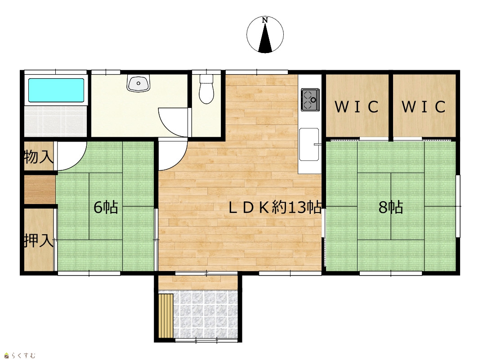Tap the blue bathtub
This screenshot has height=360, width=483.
click(x=56, y=90)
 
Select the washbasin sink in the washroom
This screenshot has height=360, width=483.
click(x=139, y=83)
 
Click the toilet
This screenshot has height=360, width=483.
click(x=206, y=89)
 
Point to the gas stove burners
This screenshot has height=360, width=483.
click(x=310, y=99)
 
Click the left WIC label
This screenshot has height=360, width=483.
click(x=356, y=107)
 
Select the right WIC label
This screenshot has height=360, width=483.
click(x=424, y=107)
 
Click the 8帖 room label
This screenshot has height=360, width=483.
click(x=391, y=207)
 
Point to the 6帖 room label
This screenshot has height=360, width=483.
click(x=106, y=207)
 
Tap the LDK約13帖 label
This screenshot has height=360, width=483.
click(x=275, y=208)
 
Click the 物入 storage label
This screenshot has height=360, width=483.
click(x=39, y=157)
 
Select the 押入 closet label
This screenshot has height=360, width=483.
click(x=39, y=240)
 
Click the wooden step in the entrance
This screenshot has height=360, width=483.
click(x=166, y=316)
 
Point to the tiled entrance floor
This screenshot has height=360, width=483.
click(x=206, y=315)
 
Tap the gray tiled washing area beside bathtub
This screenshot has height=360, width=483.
click(x=55, y=120)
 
